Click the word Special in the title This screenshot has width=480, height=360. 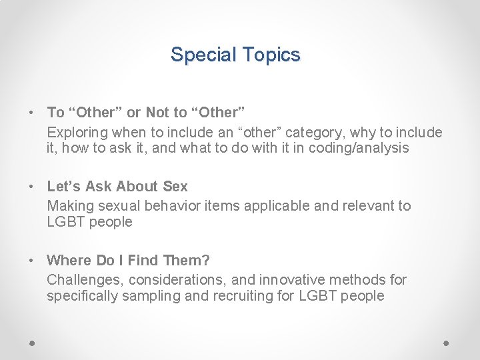(x=199, y=55)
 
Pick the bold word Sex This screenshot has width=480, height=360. (x=175, y=187)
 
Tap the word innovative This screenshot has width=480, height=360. (x=290, y=279)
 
